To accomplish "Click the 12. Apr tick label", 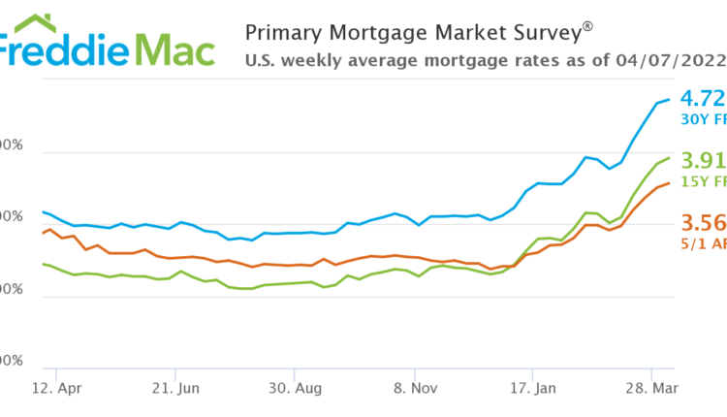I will click(x=57, y=390).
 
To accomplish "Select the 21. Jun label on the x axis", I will click(x=176, y=390).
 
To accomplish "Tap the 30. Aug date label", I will click(x=296, y=390).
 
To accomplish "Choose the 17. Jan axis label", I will click(x=534, y=390).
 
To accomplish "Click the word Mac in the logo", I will click(x=174, y=48).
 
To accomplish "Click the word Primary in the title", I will click(x=278, y=31).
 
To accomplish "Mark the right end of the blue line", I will click(x=669, y=99).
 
